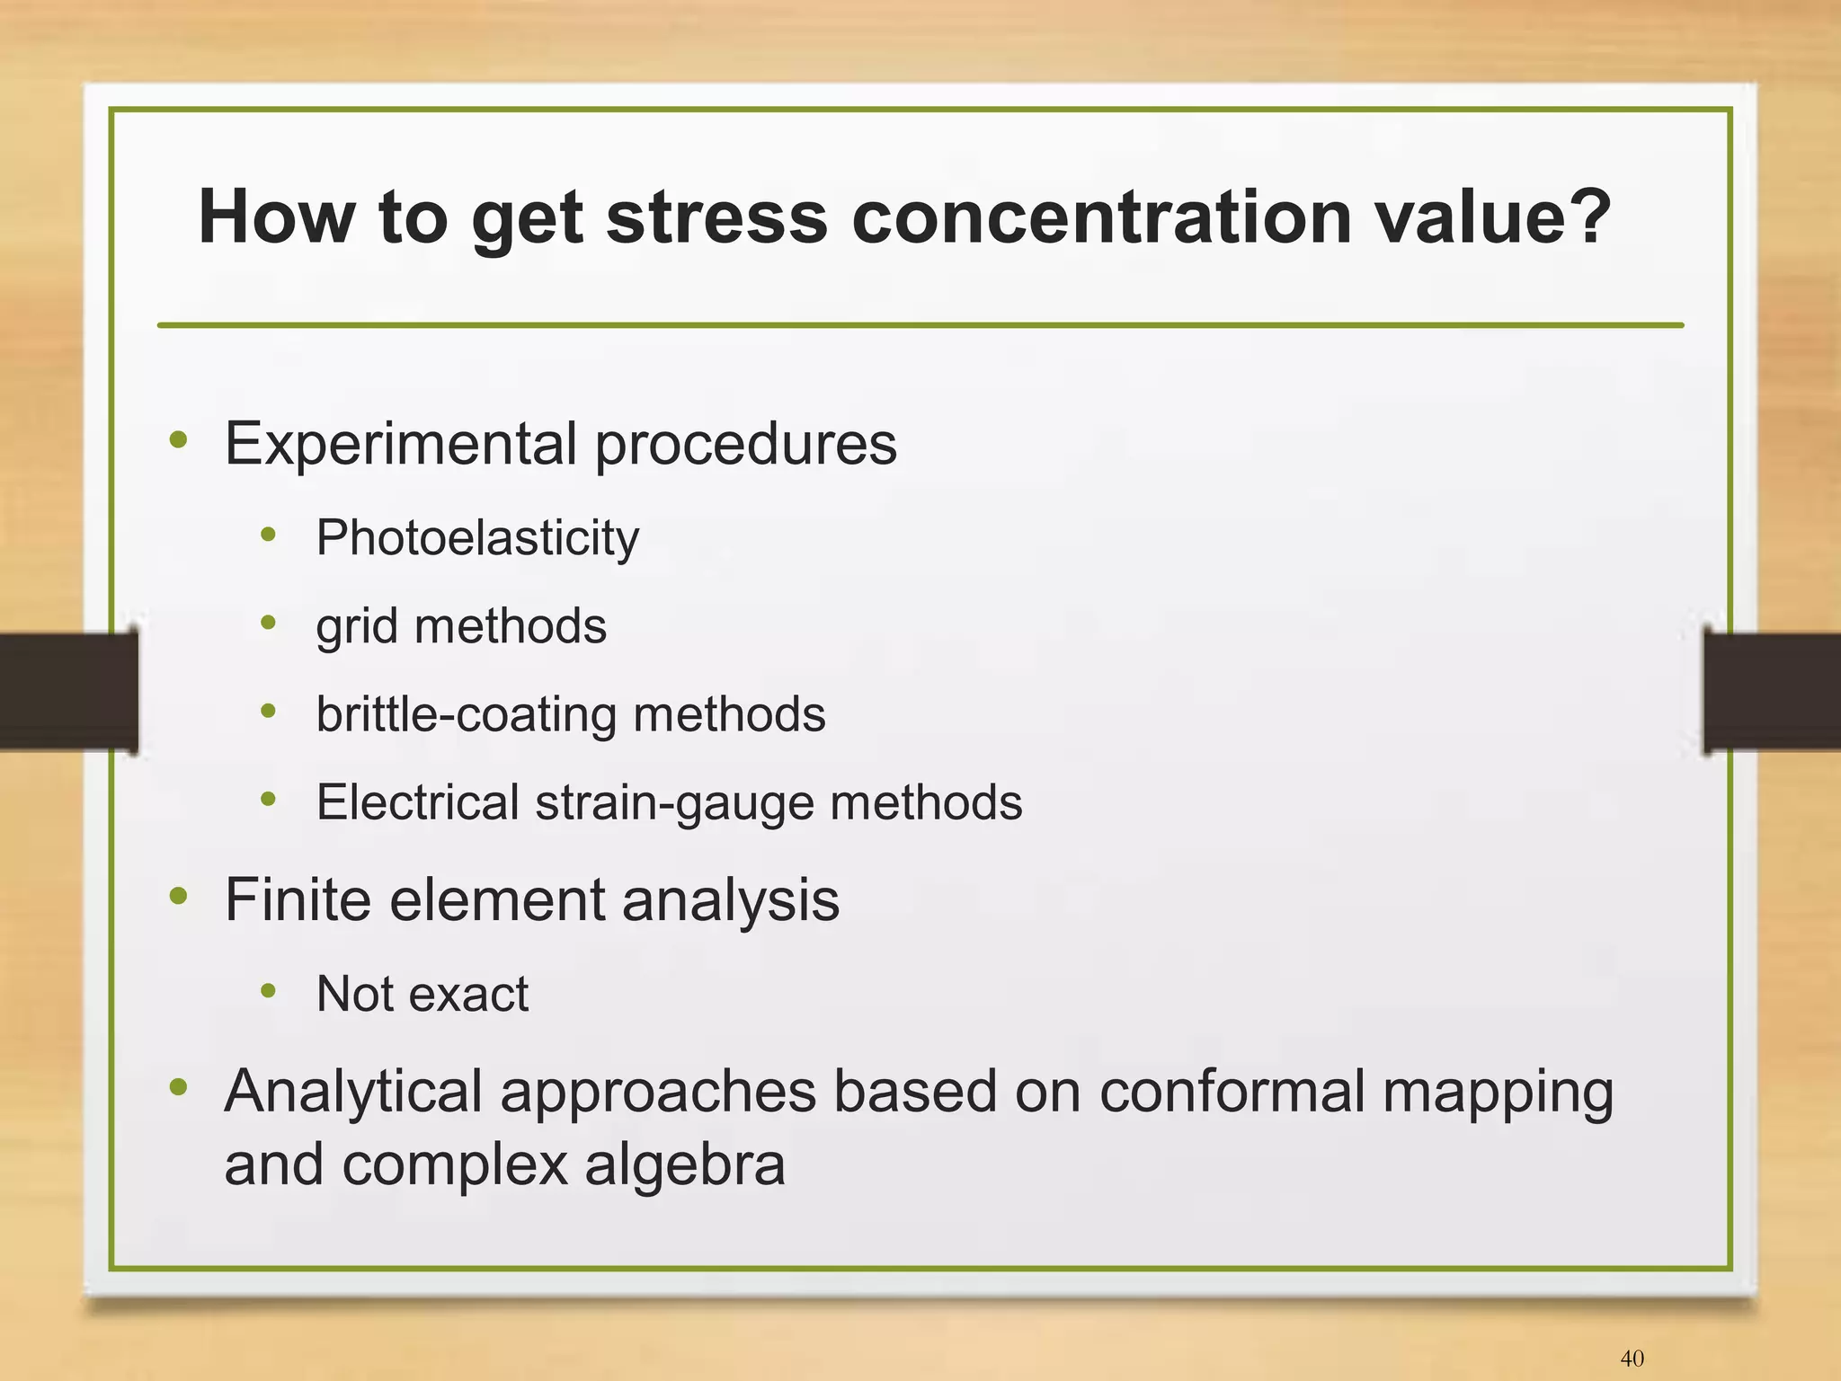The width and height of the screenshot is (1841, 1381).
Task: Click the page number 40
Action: pyautogui.click(x=1632, y=1359)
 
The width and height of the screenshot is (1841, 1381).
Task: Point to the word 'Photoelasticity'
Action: pyautogui.click(x=477, y=538)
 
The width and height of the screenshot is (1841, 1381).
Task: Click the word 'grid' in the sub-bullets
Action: pyautogui.click(x=357, y=626)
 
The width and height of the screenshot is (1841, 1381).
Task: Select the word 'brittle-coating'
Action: pyautogui.click(x=467, y=714)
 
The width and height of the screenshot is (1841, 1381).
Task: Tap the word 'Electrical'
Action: pyautogui.click(x=417, y=801)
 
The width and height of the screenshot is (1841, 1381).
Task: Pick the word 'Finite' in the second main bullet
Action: pyautogui.click(x=298, y=899)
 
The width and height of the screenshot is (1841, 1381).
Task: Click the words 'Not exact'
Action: pyautogui.click(x=422, y=994)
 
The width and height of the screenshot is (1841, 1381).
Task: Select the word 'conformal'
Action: pyautogui.click(x=1232, y=1091)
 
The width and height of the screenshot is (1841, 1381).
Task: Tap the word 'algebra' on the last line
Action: pyautogui.click(x=685, y=1164)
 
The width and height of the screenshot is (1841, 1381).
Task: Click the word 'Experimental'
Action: pyautogui.click(x=401, y=443)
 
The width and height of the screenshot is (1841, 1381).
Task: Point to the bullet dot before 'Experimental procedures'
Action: pyautogui.click(x=179, y=440)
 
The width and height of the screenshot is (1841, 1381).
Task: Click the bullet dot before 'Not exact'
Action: pyautogui.click(x=268, y=991)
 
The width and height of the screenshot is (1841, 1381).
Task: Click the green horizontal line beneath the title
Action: pyautogui.click(x=920, y=325)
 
